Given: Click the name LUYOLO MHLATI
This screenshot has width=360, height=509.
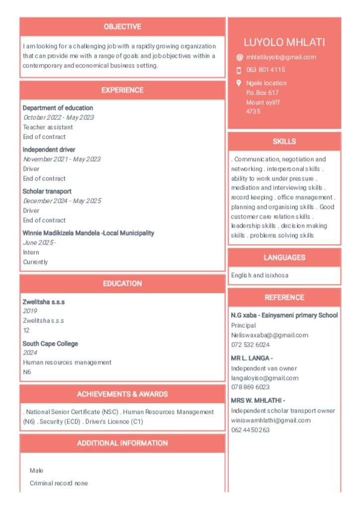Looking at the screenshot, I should pos(284,42).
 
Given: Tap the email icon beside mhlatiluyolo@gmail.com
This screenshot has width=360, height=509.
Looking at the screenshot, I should pos(239,57).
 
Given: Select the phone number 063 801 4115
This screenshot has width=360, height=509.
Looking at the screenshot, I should pos(266,70).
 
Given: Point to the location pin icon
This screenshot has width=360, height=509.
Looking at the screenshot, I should pos(239,83).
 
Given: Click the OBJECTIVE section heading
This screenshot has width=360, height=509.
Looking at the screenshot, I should pos(122,27).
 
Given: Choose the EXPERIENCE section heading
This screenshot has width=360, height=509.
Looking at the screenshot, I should pos(122,90).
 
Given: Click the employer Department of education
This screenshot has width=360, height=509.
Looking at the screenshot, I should pos(58,108).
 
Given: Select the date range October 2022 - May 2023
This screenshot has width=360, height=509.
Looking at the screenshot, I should pos(58,118).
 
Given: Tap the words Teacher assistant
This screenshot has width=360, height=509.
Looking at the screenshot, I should pos(48,127).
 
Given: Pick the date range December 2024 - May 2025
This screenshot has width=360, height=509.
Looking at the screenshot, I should pos(62,201).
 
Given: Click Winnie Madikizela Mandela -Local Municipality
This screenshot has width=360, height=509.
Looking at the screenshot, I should pos(89,233).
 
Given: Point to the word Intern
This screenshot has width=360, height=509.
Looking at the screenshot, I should pos(31,253).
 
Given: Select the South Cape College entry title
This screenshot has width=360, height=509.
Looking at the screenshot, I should pos(50,344).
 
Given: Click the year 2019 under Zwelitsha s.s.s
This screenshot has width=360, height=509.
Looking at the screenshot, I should pos(30,311).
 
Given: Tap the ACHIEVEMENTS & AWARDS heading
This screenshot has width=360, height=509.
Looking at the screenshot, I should pos(122,394).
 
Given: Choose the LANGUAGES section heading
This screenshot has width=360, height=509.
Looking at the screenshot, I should pos(284,257).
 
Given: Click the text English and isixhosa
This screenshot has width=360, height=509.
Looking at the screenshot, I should pos(260,275).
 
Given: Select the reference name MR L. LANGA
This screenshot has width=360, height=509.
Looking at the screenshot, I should pos(252,358).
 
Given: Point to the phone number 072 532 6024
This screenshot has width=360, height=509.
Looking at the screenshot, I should pos(250,344).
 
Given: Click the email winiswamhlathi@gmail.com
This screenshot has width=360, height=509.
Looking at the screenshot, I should pos(270,421).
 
